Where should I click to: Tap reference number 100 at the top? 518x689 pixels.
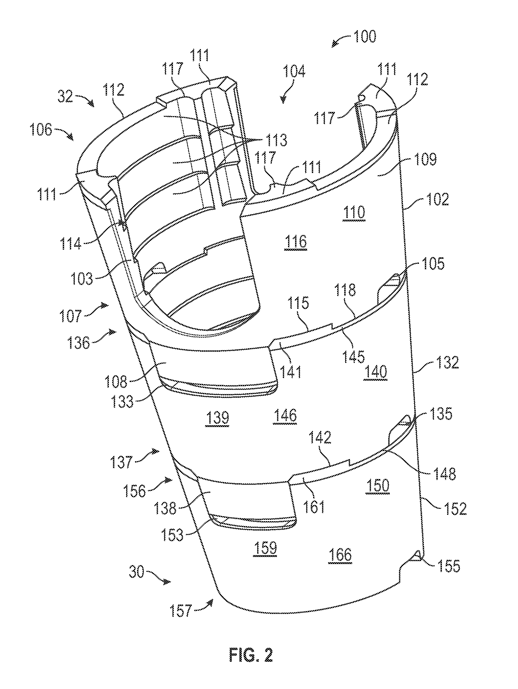pyautogui.click(x=364, y=36)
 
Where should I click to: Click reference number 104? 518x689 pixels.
pyautogui.click(x=294, y=71)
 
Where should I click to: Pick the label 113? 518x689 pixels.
pyautogui.click(x=275, y=140)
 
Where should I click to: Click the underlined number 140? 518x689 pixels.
pyautogui.click(x=376, y=372)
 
